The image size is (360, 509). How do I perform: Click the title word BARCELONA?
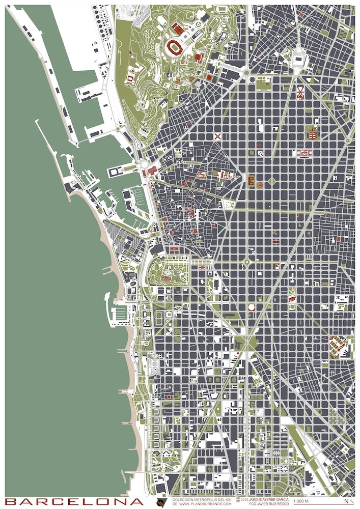point(74,502)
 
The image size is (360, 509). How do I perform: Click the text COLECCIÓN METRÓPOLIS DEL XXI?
point(202,499)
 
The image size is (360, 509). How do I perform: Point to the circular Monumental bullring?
point(251,307)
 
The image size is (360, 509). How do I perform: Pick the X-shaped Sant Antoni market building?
point(218,136)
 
